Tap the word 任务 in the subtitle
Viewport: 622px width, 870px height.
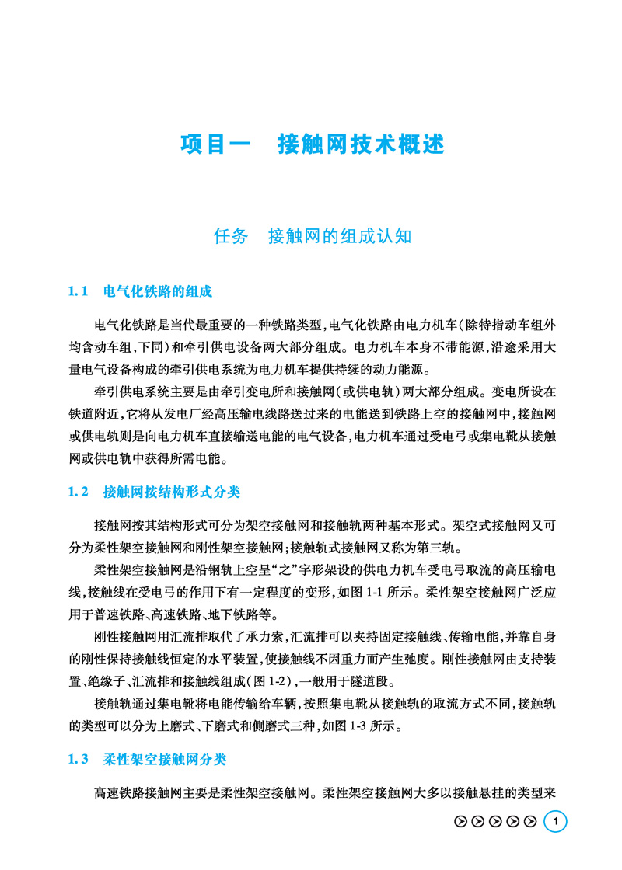(x=230, y=236)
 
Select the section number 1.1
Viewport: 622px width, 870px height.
(x=80, y=293)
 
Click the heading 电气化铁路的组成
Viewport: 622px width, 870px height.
(x=158, y=293)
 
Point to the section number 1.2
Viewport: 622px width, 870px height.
(x=80, y=492)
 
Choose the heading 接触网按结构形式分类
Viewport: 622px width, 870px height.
(x=172, y=492)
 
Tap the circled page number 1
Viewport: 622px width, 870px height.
(x=555, y=821)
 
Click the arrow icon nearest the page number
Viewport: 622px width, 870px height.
(x=531, y=822)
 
